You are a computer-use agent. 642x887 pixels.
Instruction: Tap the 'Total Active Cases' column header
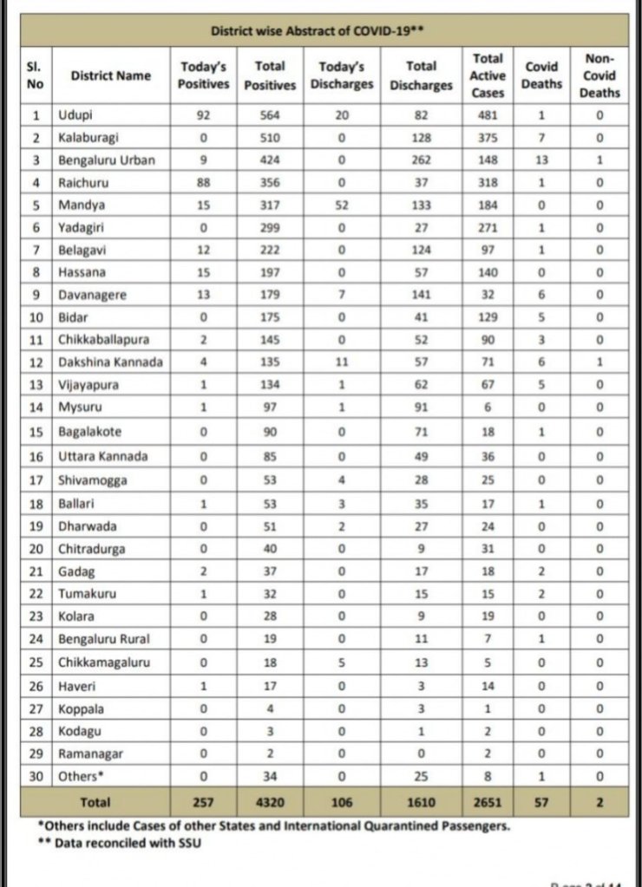[x=488, y=75]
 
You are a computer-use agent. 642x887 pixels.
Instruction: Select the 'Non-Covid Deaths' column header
[x=599, y=75]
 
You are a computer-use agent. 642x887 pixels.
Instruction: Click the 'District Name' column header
[x=110, y=75]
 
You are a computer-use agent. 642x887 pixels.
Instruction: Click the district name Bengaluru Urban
[x=107, y=160]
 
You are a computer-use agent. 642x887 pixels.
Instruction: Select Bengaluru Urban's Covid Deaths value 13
[x=540, y=160]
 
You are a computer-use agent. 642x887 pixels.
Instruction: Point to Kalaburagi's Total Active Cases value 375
[x=488, y=138]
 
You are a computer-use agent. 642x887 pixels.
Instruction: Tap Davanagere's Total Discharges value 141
[x=425, y=295]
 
